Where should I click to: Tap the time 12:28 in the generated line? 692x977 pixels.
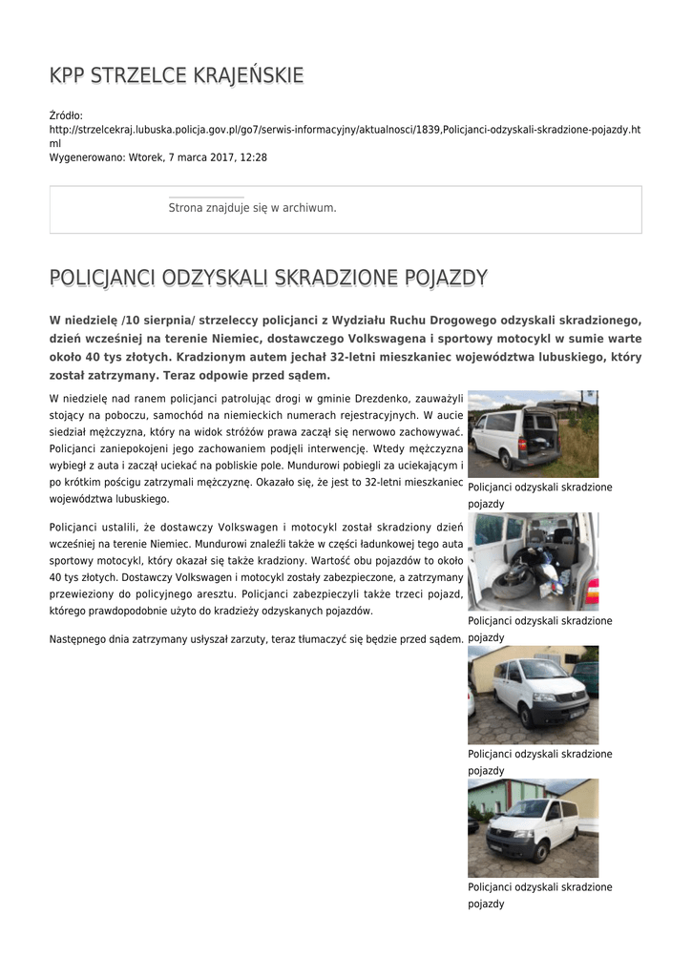(x=254, y=156)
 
